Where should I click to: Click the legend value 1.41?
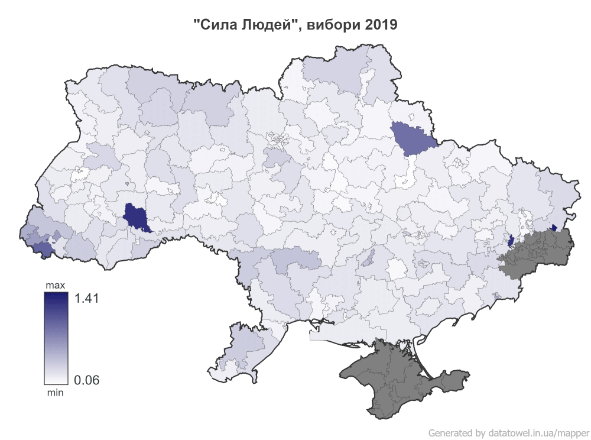87,298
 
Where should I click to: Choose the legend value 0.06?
87,379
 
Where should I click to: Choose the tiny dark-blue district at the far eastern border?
554,227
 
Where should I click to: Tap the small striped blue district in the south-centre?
369,258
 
